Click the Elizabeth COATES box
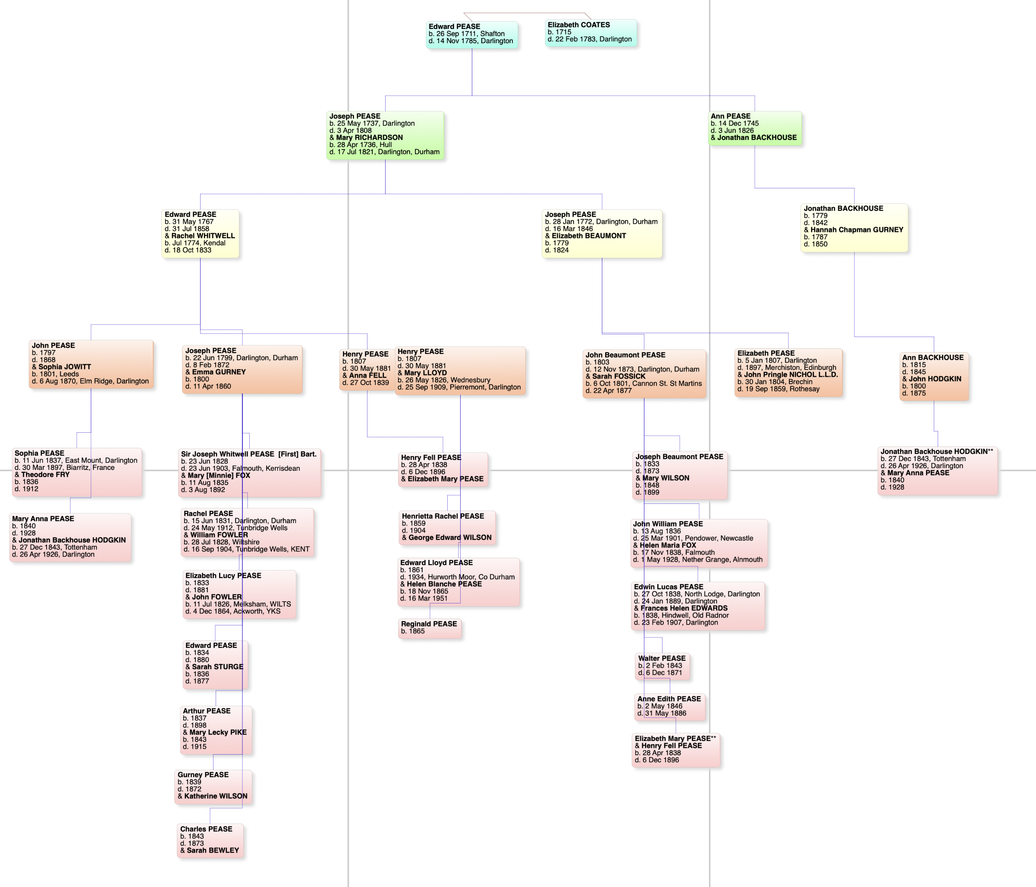coord(590,32)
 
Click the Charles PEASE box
coord(210,840)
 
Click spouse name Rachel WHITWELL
coord(203,236)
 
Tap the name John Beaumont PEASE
coord(625,355)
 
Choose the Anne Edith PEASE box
coord(669,706)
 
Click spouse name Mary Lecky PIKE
coord(217,732)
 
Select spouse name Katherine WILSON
coord(216,796)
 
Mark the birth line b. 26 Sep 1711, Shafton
coord(467,34)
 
